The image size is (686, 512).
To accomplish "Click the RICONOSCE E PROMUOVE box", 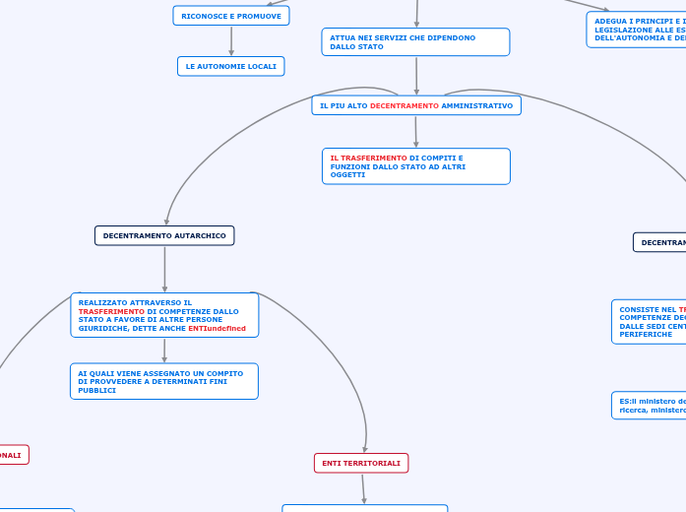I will (231, 16).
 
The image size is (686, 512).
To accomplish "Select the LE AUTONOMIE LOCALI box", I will (230, 66).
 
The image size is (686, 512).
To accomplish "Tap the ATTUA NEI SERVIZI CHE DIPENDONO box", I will (415, 41).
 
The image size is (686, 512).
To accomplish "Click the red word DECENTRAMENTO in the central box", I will (405, 105).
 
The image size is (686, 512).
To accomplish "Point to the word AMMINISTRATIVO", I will (477, 105).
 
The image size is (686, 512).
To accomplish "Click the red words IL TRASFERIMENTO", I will (368, 158).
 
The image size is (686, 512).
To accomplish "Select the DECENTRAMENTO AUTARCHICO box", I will (164, 235).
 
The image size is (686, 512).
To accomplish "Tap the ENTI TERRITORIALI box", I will (361, 463).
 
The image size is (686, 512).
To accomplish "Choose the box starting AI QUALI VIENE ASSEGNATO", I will (164, 381).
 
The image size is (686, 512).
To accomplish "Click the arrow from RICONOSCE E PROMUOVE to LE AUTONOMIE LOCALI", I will (231, 40).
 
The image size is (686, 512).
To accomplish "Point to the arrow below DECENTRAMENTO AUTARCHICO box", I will (164, 268).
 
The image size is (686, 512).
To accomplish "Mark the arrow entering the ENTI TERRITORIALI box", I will (365, 438).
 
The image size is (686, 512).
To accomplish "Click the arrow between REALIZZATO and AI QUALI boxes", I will (164, 351).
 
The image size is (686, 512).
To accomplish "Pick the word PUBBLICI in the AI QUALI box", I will (97, 390).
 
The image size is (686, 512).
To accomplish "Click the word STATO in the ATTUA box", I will (371, 46).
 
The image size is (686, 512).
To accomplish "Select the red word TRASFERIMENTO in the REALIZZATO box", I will (111, 311).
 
